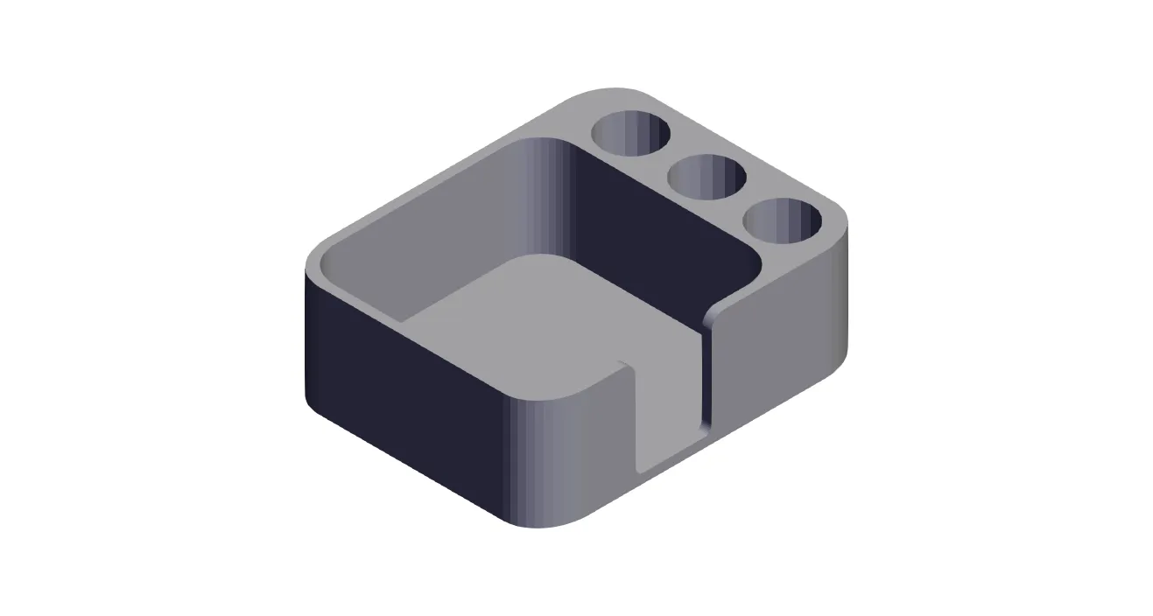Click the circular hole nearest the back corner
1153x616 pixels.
pyautogui.click(x=630, y=134)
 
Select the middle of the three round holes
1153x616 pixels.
pyautogui.click(x=707, y=176)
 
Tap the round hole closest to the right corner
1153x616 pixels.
pyautogui.click(x=783, y=220)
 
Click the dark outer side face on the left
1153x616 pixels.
pyautogui.click(x=403, y=394)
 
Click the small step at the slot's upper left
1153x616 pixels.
pyautogui.click(x=624, y=364)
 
